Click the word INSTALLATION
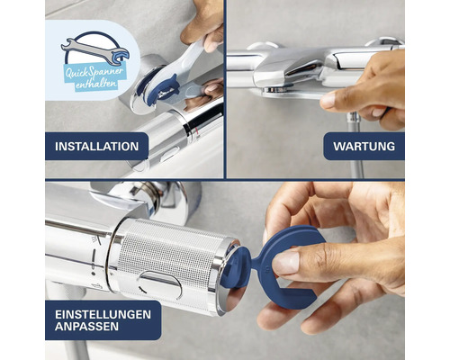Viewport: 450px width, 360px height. [x=96, y=147]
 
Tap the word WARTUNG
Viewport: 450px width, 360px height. [x=364, y=147]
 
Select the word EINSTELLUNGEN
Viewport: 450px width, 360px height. [x=103, y=314]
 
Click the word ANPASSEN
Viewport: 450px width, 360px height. [x=86, y=327]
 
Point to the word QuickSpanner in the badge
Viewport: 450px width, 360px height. [x=94, y=72]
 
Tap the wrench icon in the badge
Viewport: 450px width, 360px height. [x=95, y=51]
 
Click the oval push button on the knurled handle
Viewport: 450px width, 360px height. [x=160, y=284]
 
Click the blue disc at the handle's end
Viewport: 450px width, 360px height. [x=236, y=267]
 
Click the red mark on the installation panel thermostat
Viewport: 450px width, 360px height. [x=196, y=131]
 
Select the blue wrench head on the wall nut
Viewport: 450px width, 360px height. [x=163, y=89]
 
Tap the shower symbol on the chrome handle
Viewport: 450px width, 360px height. [x=95, y=239]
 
